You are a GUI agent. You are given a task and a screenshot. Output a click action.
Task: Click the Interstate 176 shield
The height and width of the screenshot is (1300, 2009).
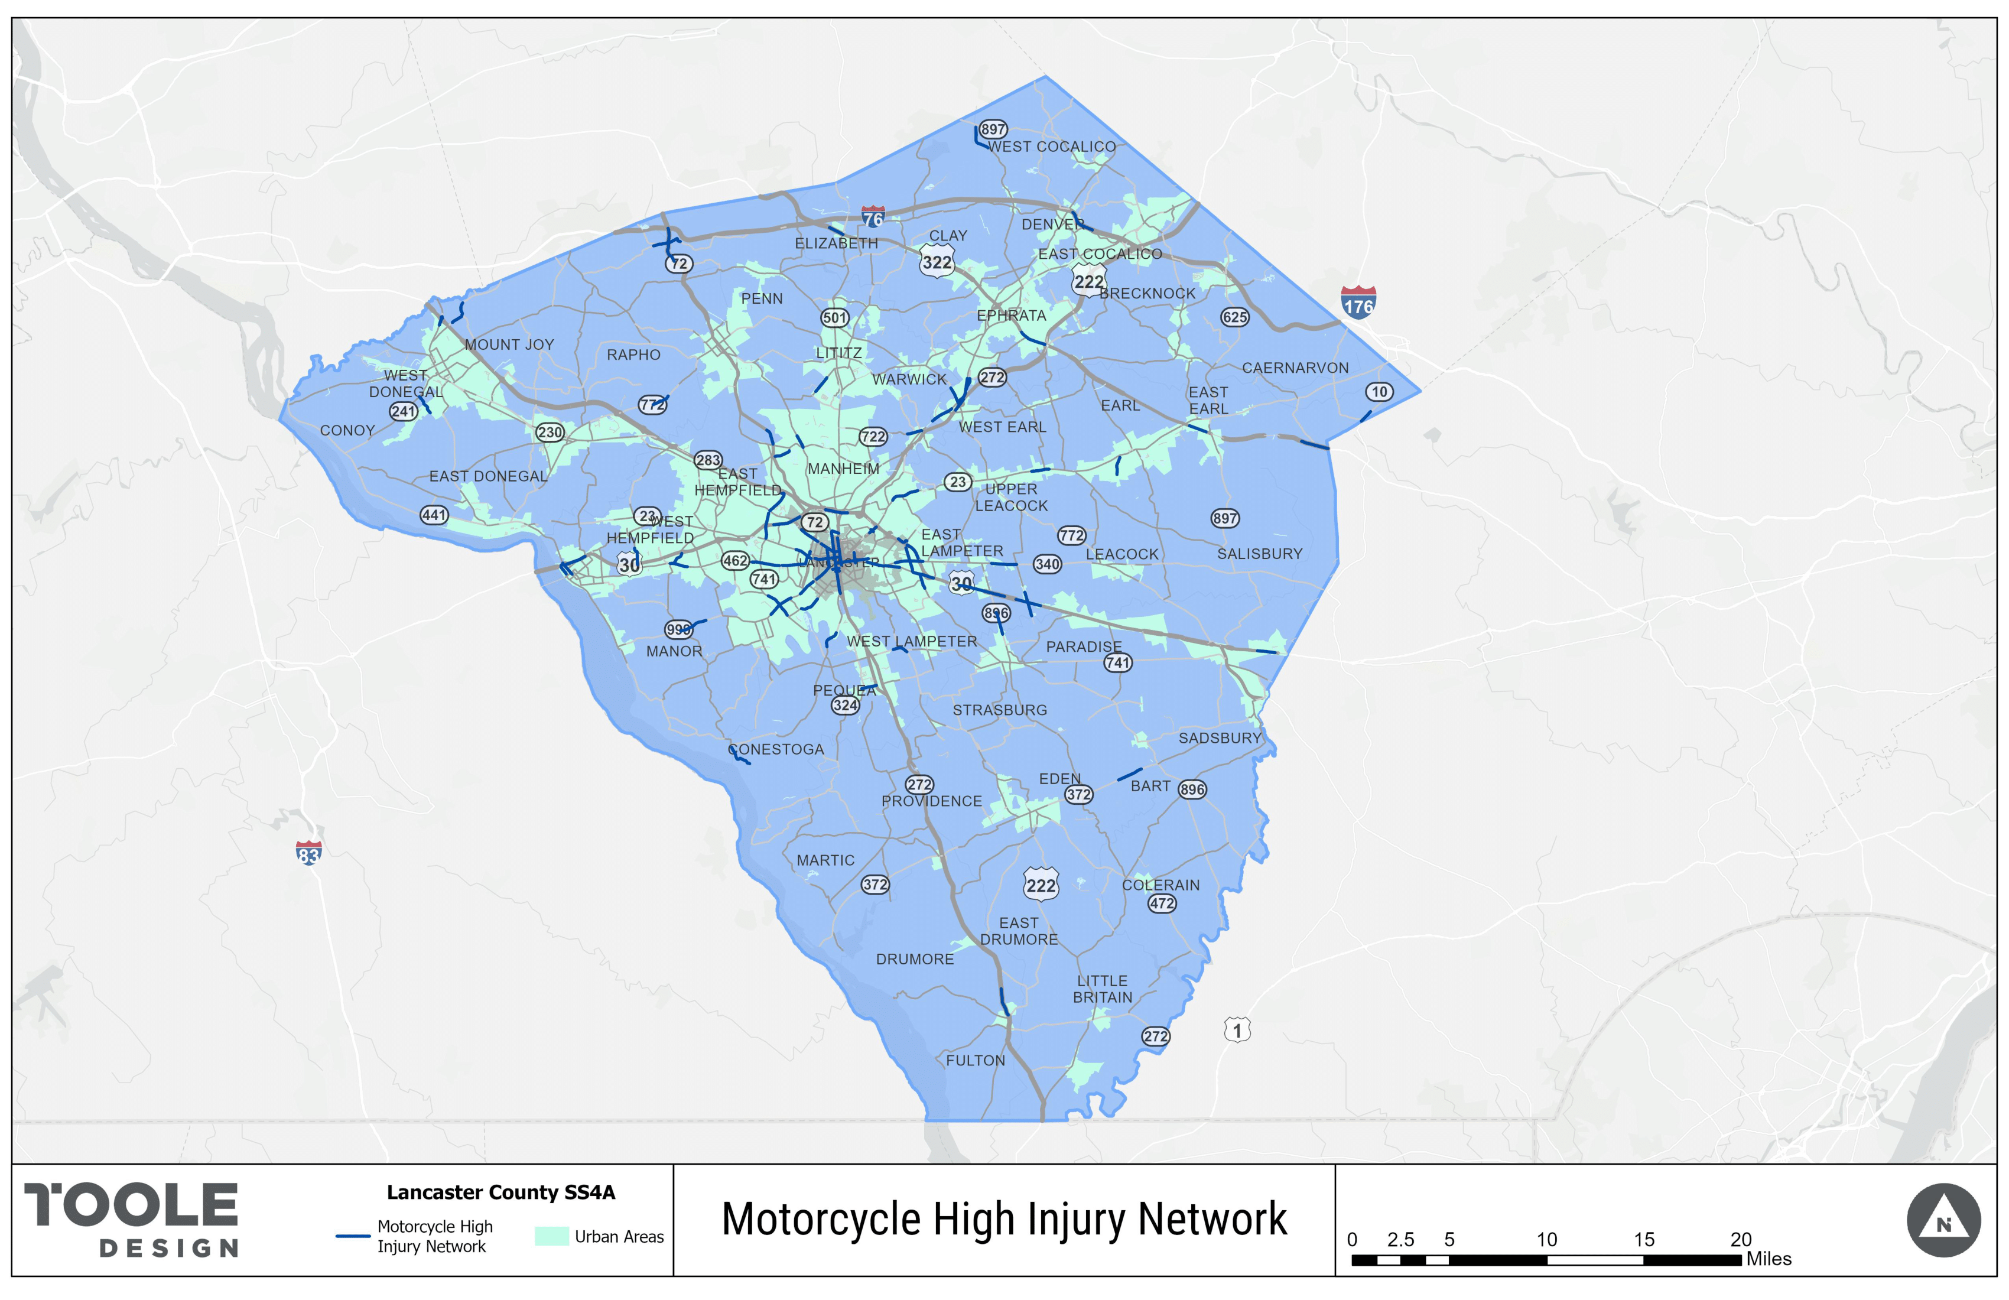click(1358, 302)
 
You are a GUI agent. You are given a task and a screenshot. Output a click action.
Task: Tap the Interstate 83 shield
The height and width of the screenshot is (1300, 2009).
click(309, 853)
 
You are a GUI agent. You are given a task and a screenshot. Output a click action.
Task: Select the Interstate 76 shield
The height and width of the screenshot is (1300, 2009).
click(873, 217)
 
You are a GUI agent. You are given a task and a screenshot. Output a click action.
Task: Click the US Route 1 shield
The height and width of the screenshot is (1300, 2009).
click(1237, 1030)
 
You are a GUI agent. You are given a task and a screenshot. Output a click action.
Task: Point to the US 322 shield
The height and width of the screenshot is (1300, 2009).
click(937, 262)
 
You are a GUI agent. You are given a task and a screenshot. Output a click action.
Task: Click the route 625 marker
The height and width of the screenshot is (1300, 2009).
click(1234, 317)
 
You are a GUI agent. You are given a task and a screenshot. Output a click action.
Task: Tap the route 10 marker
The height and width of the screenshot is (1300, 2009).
click(1379, 392)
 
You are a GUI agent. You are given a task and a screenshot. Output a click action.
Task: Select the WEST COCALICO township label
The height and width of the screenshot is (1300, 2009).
click(1052, 147)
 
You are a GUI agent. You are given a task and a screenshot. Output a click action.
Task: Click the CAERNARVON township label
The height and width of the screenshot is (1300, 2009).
click(1295, 368)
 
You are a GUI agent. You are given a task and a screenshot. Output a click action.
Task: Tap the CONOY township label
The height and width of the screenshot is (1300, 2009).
click(347, 431)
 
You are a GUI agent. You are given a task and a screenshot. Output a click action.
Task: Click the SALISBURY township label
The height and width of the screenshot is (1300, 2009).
click(1259, 554)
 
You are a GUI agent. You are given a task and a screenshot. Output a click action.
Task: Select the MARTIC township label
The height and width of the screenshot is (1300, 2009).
click(825, 860)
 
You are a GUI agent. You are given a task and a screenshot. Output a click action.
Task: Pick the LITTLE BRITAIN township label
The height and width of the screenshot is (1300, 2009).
click(1103, 989)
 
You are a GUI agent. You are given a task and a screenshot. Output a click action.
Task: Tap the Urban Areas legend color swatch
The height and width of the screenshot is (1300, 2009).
click(551, 1237)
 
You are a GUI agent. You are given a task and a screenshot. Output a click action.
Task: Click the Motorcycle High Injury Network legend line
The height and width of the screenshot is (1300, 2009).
click(353, 1237)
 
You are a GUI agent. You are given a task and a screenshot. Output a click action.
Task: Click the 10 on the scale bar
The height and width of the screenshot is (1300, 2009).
click(1546, 1240)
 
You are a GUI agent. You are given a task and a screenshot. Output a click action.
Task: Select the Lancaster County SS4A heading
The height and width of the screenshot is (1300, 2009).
click(500, 1193)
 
